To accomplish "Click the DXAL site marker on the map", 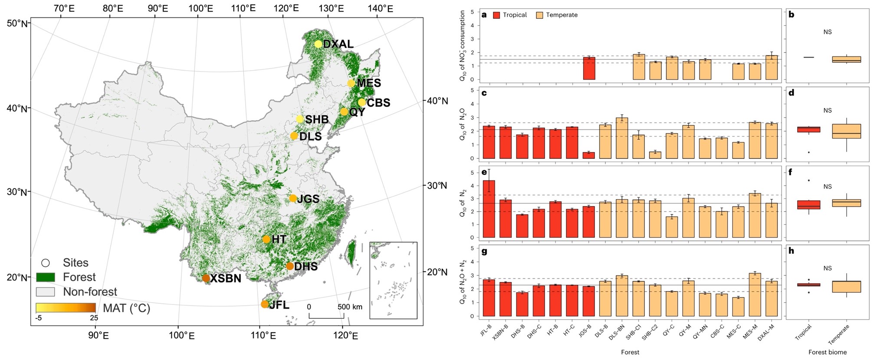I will click(x=318, y=44).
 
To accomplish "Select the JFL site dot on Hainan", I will click(x=265, y=304).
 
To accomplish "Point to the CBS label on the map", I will click(x=378, y=103).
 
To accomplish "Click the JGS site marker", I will click(x=293, y=198).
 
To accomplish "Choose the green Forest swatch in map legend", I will click(x=45, y=277).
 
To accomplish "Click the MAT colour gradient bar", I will click(x=66, y=308).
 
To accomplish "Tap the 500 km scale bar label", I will click(x=350, y=307).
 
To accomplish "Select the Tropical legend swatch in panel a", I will click(x=496, y=15).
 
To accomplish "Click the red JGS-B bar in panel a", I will click(x=588, y=69).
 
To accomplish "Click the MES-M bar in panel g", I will click(x=755, y=295).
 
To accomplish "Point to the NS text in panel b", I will click(x=828, y=32).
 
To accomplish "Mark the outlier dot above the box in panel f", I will click(x=808, y=180).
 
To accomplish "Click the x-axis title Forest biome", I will click(x=828, y=352).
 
